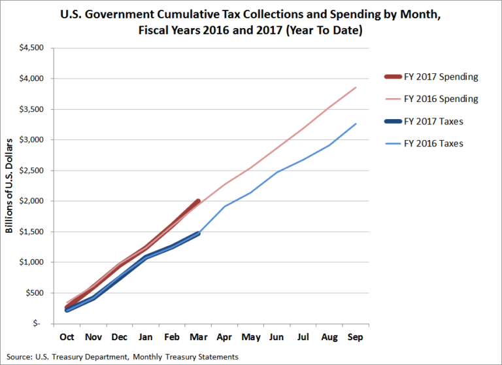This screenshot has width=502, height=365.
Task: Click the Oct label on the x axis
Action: (67, 337)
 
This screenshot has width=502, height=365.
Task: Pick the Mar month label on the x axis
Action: (199, 337)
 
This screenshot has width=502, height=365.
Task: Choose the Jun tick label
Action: (277, 337)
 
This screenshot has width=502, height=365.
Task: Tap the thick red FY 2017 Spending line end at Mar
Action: (199, 201)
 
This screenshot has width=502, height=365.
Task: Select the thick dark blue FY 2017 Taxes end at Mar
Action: (199, 234)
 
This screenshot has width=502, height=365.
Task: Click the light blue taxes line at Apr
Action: (225, 207)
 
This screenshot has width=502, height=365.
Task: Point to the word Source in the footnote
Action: (18, 356)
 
